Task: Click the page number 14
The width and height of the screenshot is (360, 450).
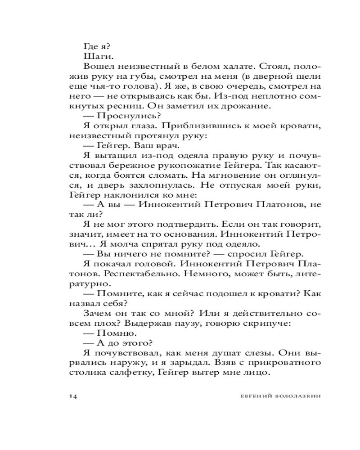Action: tap(74, 396)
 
